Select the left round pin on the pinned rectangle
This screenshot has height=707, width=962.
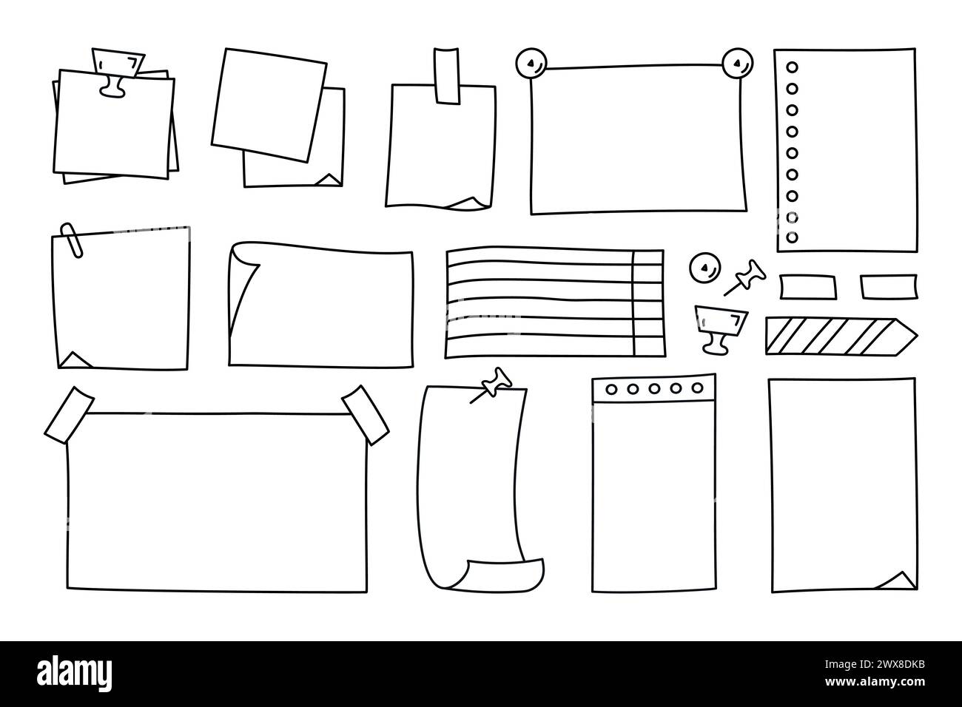pos(531,64)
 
